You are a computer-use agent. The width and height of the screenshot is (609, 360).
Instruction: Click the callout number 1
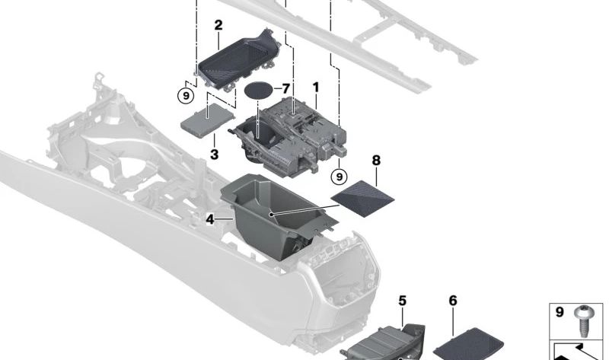[x=315, y=88]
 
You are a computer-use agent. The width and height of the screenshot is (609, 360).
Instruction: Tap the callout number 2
[x=218, y=25]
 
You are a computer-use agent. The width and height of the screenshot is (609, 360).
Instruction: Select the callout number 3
[x=215, y=155]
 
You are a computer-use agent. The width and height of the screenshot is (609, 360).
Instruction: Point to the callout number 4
[x=210, y=218]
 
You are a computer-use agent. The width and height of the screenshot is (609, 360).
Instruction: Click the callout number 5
[x=403, y=301]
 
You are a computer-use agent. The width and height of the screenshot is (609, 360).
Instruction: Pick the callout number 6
[x=453, y=301]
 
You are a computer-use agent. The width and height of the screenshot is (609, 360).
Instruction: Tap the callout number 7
[x=285, y=89]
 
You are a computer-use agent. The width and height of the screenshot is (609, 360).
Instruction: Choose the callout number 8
[x=375, y=161]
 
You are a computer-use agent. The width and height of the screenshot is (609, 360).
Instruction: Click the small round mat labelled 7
[x=259, y=91]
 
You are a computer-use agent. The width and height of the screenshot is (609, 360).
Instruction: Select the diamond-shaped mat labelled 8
[x=363, y=198]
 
